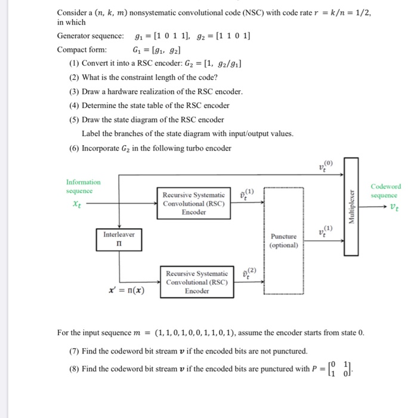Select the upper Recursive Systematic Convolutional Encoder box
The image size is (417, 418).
pyautogui.click(x=194, y=203)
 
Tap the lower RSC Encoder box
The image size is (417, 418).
pyautogui.click(x=197, y=282)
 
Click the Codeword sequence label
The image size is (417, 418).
pyautogui.click(x=385, y=191)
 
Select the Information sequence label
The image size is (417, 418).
pyautogui.click(x=84, y=186)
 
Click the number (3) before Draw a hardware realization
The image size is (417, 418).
pyautogui.click(x=74, y=91)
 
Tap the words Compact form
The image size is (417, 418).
pyautogui.click(x=82, y=50)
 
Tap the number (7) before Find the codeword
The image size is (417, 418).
pyautogui.click(x=74, y=351)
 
